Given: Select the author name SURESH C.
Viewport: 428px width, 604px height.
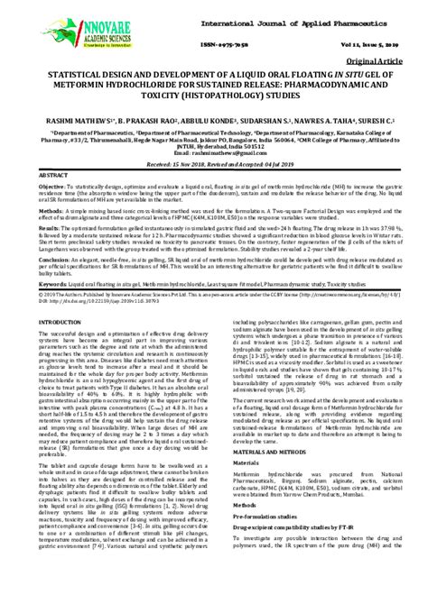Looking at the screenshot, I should point(372,117).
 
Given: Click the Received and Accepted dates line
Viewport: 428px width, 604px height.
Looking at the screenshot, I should point(214,165).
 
